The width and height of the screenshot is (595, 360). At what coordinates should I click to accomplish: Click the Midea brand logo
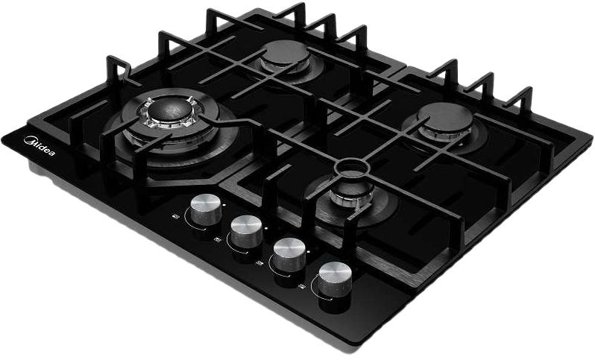[39, 146]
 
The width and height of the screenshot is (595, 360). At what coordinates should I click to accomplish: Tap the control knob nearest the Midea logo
[206, 209]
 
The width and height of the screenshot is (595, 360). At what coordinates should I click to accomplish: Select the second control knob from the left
[247, 230]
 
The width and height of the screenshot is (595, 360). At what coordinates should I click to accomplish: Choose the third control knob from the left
[290, 254]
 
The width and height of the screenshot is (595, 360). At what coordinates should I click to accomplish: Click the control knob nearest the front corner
[335, 280]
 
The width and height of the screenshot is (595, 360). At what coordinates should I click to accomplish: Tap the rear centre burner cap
[286, 53]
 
